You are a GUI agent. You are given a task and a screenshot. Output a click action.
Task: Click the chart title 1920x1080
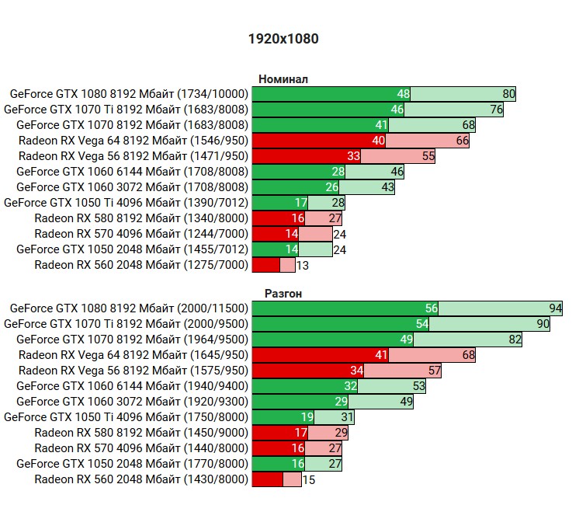283,38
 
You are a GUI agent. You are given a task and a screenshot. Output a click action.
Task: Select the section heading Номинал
283,78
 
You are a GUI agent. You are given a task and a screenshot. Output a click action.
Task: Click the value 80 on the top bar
508,94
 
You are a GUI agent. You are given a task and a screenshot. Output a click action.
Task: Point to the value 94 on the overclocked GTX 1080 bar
555,308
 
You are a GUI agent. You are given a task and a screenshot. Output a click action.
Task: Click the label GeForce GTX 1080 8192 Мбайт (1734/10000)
129,94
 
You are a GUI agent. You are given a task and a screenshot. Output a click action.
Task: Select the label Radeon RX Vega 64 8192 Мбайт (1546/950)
133,141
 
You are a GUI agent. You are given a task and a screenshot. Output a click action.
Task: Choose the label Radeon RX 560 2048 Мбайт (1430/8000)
141,479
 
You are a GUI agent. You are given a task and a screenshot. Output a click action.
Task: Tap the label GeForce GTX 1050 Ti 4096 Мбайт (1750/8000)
126,417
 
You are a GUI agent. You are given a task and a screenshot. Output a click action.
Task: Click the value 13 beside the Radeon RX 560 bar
302,265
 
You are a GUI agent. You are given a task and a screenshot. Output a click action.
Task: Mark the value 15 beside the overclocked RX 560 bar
308,479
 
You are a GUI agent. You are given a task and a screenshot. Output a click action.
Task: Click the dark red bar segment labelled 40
318,141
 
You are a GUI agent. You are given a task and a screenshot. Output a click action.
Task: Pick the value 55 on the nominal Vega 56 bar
428,156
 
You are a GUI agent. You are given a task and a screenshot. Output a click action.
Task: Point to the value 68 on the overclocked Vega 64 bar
468,355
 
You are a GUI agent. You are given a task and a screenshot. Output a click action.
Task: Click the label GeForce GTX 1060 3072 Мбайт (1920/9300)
132,402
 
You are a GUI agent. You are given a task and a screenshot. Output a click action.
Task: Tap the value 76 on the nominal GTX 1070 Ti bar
496,110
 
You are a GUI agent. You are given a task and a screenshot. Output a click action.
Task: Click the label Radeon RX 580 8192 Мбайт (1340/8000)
141,218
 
